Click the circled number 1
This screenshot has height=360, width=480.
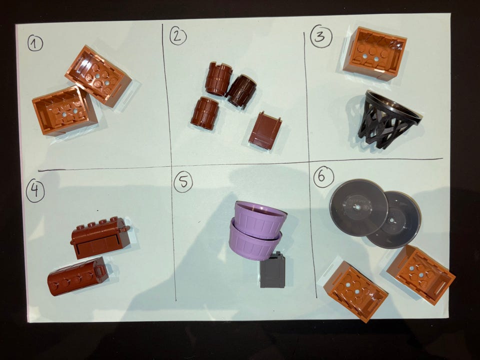35,43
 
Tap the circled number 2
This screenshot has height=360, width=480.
178,36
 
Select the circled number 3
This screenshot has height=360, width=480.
321,36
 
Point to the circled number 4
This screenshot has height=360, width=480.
35,190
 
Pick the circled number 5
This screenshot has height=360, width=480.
183,182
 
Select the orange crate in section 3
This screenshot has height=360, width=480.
374,53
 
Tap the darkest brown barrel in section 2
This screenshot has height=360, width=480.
242,91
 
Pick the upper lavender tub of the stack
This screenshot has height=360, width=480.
259,218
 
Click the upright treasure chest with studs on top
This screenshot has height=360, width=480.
100,237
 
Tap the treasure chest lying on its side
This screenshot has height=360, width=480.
78,276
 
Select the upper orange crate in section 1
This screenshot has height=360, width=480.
98,75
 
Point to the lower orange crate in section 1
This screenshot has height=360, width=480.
65,110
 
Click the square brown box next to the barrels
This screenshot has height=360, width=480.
265,130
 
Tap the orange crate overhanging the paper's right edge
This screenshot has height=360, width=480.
421,274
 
